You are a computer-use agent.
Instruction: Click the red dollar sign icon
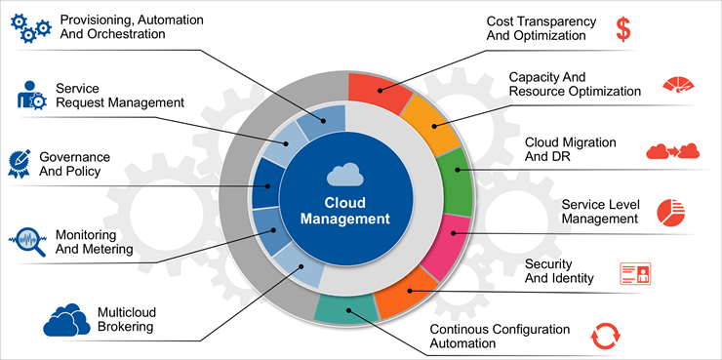[622, 28]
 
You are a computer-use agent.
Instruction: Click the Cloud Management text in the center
[344, 210]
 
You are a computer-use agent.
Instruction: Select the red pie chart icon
[668, 211]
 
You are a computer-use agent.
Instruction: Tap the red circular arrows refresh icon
[604, 337]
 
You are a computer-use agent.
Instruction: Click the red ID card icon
[635, 273]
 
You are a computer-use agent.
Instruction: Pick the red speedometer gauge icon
[677, 86]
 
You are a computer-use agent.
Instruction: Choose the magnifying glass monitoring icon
[28, 241]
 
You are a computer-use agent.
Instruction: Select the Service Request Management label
[119, 95]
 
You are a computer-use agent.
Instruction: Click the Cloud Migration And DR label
[570, 149]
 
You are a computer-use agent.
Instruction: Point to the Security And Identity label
[560, 271]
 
